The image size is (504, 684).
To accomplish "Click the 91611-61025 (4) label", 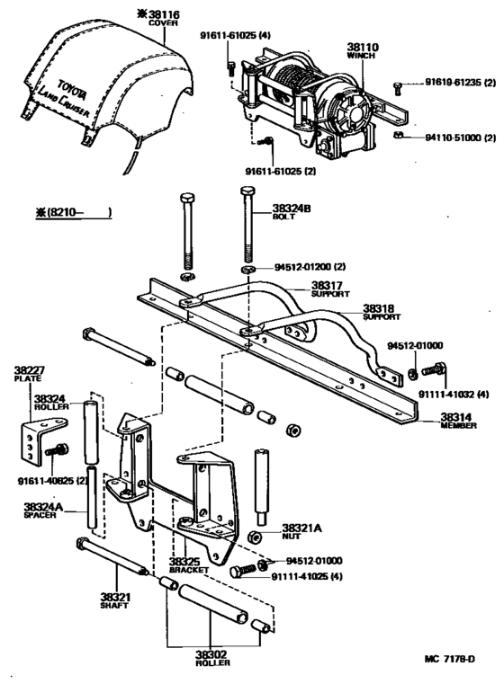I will coord(235,35).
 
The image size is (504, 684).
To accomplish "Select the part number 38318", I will coord(353,307).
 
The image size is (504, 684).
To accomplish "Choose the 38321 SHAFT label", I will coord(114,600).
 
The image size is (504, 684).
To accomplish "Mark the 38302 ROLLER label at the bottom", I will coord(212,657).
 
